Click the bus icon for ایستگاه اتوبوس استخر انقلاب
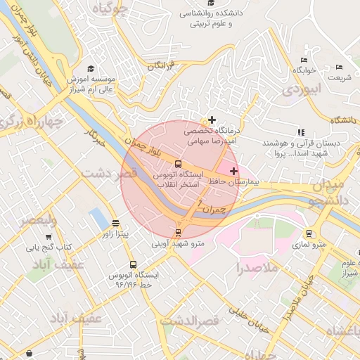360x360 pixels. click(x=177, y=163)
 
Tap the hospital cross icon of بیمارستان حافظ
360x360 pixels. click(x=233, y=171)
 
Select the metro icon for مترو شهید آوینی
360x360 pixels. click(x=178, y=233)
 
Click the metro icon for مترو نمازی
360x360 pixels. click(x=309, y=233)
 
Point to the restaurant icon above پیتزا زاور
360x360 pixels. click(x=115, y=224)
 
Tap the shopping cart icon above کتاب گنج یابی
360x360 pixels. click(x=49, y=237)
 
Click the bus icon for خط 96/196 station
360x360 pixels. click(x=133, y=265)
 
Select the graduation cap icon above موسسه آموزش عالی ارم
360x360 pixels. click(x=91, y=69)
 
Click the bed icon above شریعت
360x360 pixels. click(x=339, y=67)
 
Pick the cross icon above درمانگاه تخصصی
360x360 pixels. click(x=212, y=120)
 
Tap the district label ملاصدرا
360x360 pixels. click(x=257, y=268)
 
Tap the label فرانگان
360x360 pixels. click(x=160, y=65)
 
